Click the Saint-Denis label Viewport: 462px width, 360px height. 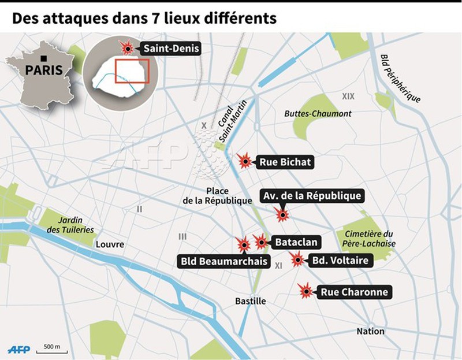(171, 49)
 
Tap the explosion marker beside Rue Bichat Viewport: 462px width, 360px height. (245, 161)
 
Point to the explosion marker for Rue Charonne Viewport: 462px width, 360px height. (306, 291)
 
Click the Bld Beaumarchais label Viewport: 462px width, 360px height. (224, 262)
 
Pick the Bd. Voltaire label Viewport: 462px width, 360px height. (340, 261)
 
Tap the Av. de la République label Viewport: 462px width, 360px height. (312, 196)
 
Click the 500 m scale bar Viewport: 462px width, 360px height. (51, 350)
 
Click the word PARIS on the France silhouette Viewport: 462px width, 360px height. (43, 70)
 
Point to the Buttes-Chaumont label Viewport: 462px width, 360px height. (318, 114)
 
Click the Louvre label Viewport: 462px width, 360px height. (110, 244)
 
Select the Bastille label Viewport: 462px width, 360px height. (251, 301)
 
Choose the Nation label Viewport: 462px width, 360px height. (370, 331)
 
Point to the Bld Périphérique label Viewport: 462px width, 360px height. (400, 78)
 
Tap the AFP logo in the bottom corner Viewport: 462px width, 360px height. (18, 350)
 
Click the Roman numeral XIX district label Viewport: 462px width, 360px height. (348, 96)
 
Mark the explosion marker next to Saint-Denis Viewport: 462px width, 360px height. (126, 47)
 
